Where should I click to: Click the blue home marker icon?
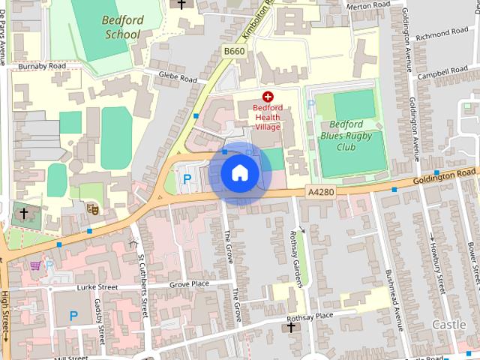coord(239,173)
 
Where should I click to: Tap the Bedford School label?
coord(121,27)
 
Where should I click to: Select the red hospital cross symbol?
coord(268,97)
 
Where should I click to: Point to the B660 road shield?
coord(233,50)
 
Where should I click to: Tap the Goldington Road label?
coord(445,177)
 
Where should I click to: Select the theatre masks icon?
coord(92,206)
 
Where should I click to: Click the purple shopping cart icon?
coord(34,265)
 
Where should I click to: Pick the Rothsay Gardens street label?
coord(295,258)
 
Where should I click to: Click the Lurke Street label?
coord(98,287)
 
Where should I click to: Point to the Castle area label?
coord(450,325)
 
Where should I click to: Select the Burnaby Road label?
coord(43,66)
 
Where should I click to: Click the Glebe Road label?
coord(177,76)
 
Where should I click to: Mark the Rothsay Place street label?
coord(314,316)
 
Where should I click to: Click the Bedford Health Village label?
coord(267,117)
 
